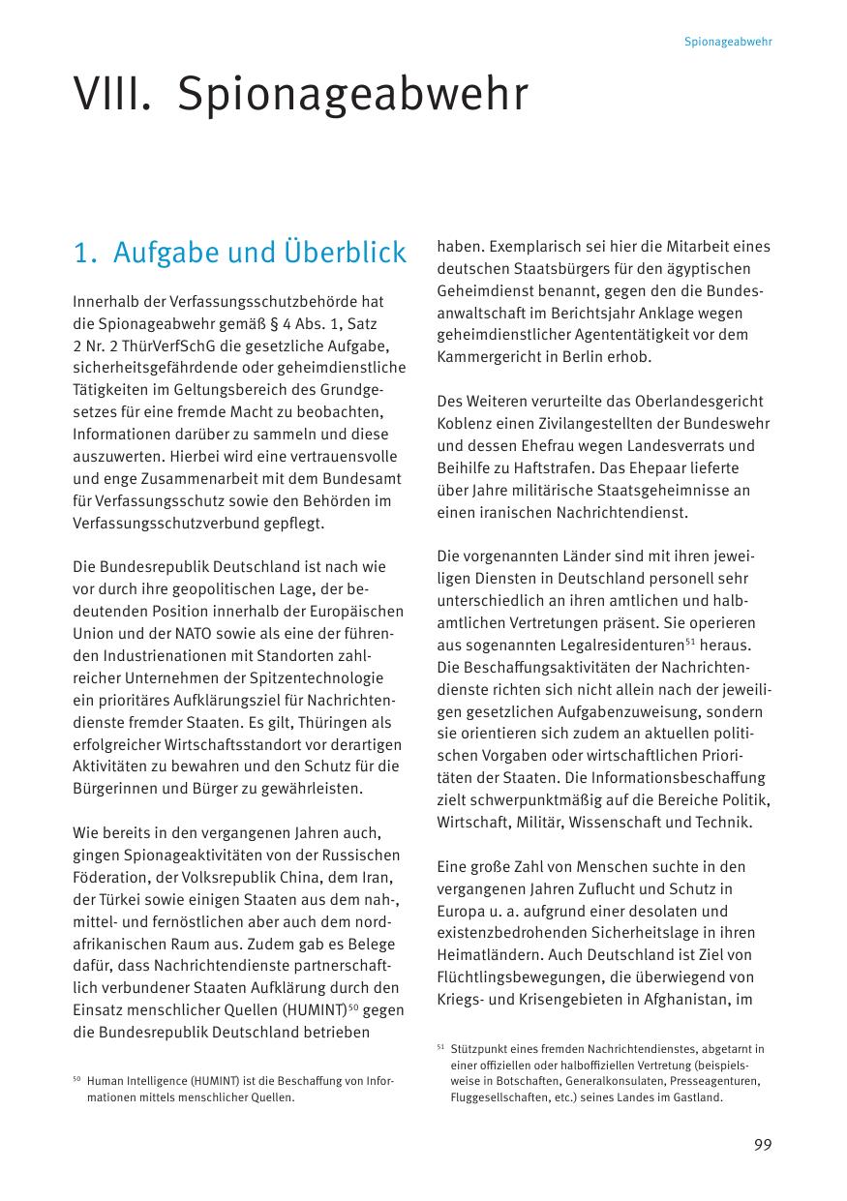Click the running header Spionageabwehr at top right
[x=728, y=43]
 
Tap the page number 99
[x=763, y=1145]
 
